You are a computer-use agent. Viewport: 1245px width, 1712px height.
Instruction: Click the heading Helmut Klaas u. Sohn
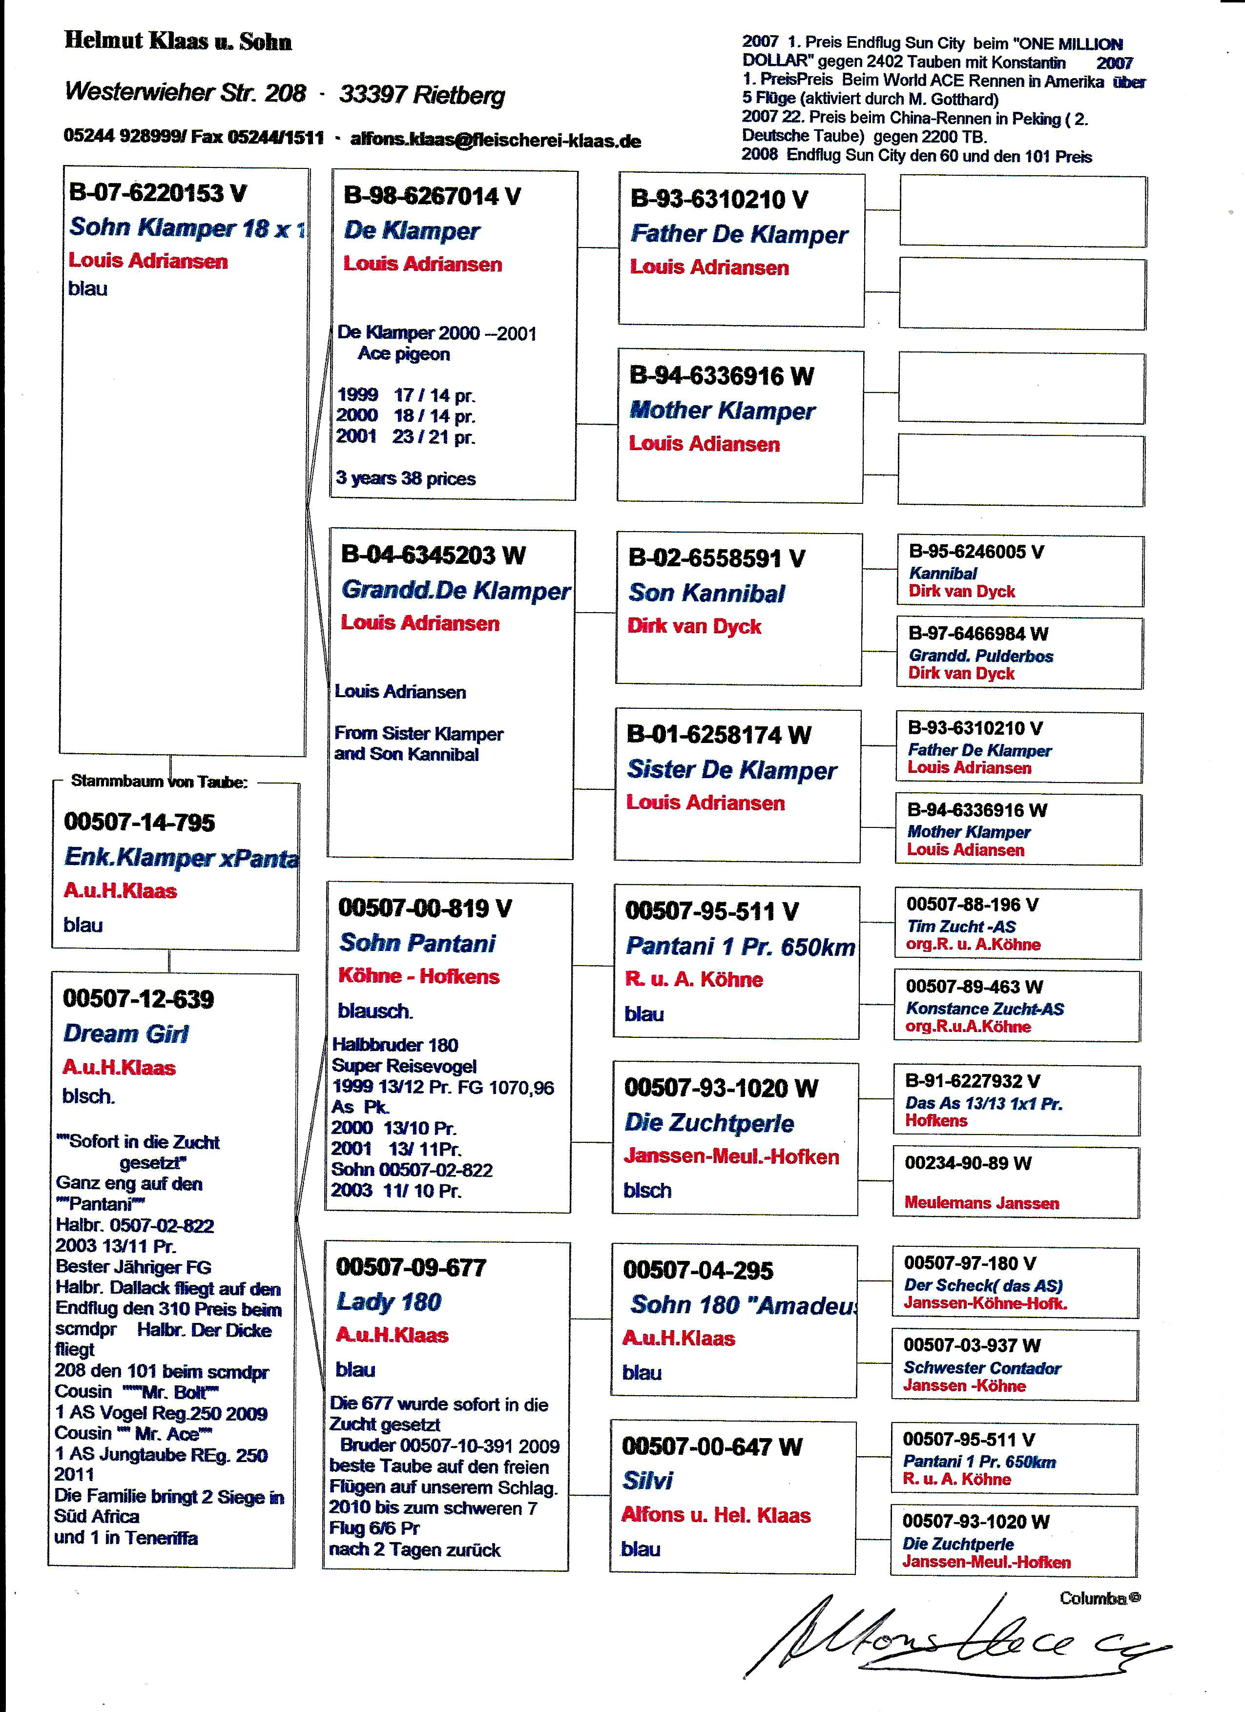[x=178, y=41]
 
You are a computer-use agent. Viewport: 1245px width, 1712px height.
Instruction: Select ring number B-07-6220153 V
[x=158, y=193]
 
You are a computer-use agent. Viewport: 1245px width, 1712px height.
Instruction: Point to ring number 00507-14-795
[x=140, y=822]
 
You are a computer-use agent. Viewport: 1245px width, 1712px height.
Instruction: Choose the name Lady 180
[x=389, y=1301]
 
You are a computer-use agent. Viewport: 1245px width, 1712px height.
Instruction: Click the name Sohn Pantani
[x=417, y=942]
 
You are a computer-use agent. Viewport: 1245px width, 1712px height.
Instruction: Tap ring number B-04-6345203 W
[x=434, y=555]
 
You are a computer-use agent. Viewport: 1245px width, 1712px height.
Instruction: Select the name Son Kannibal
[x=706, y=593]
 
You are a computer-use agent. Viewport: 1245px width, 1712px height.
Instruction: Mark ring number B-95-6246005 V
[x=976, y=552]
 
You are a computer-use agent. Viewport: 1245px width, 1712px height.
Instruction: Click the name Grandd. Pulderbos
[x=981, y=655]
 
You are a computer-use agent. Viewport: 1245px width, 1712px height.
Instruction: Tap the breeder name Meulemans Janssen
[x=981, y=1203]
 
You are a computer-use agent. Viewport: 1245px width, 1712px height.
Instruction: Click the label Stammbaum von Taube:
[x=159, y=781]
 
